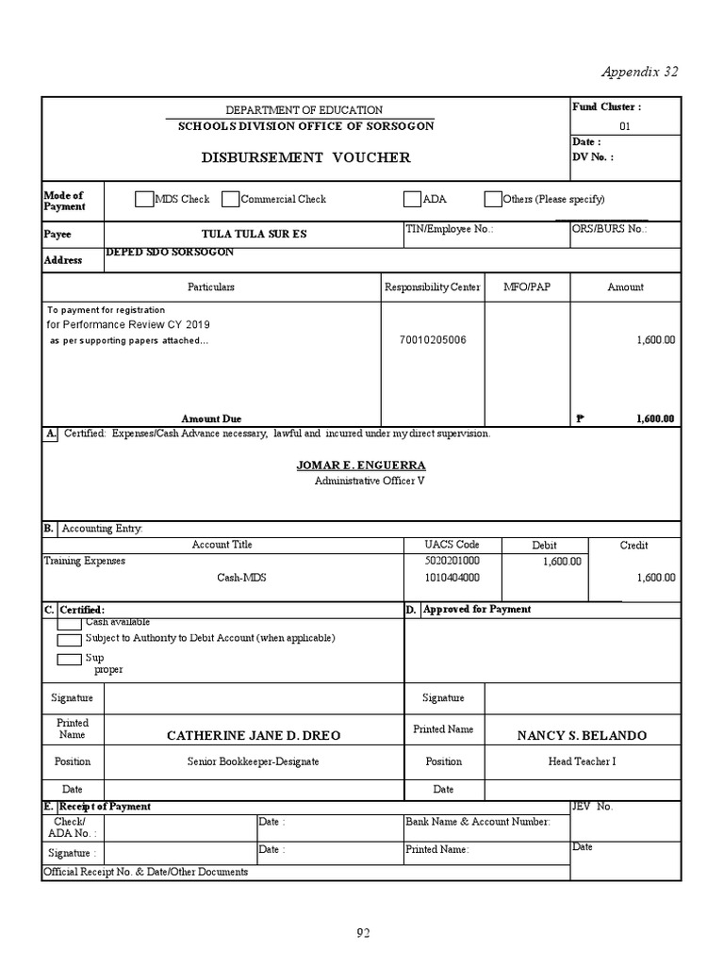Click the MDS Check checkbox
pyautogui.click(x=143, y=199)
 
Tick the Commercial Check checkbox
pyautogui.click(x=230, y=199)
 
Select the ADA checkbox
pyautogui.click(x=412, y=199)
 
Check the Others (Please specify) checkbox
pyautogui.click(x=493, y=199)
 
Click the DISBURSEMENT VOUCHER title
pyautogui.click(x=305, y=157)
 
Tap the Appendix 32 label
pyautogui.click(x=639, y=73)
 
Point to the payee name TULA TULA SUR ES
pyautogui.click(x=255, y=234)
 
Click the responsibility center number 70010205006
pyautogui.click(x=432, y=339)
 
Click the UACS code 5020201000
pyautogui.click(x=452, y=561)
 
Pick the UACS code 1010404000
pyautogui.click(x=452, y=578)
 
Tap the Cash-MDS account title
pyautogui.click(x=241, y=578)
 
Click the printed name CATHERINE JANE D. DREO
pyautogui.click(x=254, y=735)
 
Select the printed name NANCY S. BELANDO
pyautogui.click(x=582, y=735)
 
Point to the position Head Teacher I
pyautogui.click(x=582, y=761)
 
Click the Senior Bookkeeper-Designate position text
pyautogui.click(x=254, y=761)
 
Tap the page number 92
pyautogui.click(x=363, y=933)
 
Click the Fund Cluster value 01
pyautogui.click(x=624, y=126)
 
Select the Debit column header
pyautogui.click(x=544, y=545)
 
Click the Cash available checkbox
pyautogui.click(x=69, y=624)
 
